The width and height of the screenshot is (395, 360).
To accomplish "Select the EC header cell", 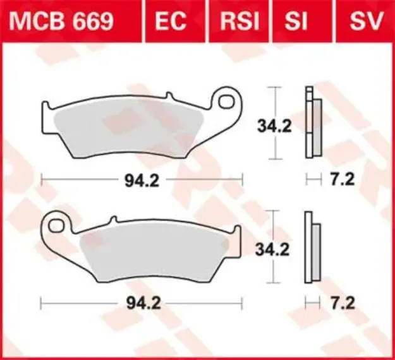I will pos(171,21).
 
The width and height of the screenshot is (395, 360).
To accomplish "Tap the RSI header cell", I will pos(240,21).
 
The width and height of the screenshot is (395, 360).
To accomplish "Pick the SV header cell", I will pos(366,21).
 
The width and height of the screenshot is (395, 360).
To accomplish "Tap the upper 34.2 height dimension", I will pos(274,126).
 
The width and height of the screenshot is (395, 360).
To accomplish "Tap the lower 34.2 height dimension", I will pos(274,249).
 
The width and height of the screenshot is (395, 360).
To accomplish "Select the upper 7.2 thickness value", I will pos(341,181).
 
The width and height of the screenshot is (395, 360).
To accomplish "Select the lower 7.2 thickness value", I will pos(341,304).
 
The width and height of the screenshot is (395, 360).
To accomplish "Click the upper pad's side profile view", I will pos(312,122).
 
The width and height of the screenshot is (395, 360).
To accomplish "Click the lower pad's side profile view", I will pos(312,246).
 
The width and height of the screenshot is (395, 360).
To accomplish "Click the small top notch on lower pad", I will pos(114,220).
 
